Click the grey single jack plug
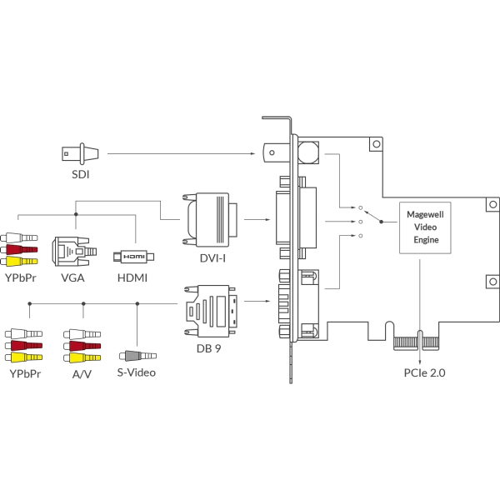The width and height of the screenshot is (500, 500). (x=138, y=355)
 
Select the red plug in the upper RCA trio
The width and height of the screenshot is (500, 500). (x=22, y=249)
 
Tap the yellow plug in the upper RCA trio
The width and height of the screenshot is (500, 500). (x=22, y=261)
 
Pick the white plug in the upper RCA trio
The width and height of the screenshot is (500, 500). (x=22, y=237)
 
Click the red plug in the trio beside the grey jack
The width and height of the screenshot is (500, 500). (x=82, y=345)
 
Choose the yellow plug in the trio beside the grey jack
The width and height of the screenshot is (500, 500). (x=82, y=357)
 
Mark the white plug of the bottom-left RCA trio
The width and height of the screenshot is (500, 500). (x=24, y=332)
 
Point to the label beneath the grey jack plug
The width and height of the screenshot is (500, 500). (x=137, y=372)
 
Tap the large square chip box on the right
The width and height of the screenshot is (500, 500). (x=422, y=223)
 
